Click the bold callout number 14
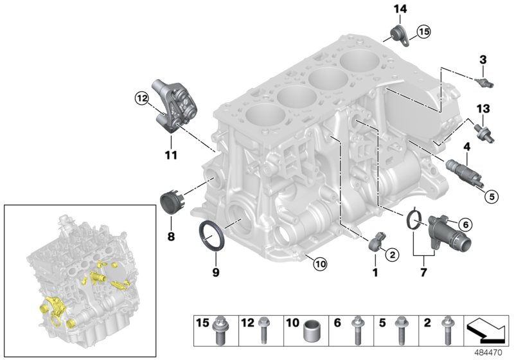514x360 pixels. [x=400, y=8]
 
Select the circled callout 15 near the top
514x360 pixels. [x=421, y=31]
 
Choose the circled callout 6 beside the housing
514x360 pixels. [x=465, y=224]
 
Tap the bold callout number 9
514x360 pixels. [x=216, y=273]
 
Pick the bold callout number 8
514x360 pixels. [x=171, y=237]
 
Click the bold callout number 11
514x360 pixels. [x=170, y=154]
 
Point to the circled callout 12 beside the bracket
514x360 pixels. [x=141, y=98]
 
